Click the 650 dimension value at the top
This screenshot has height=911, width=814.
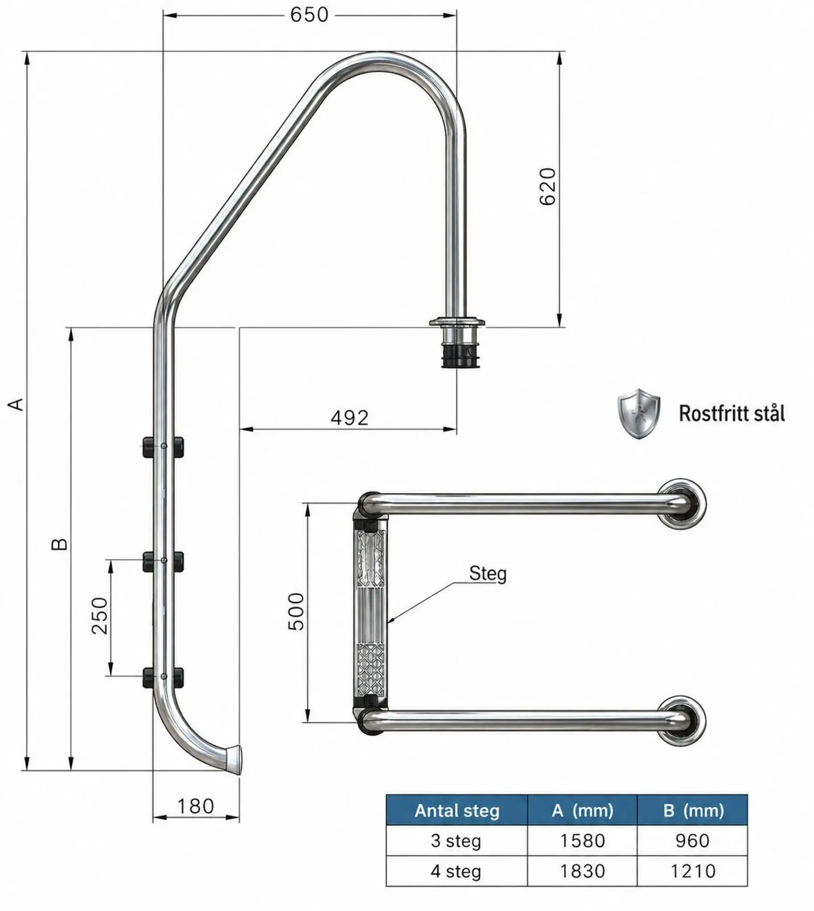click(309, 14)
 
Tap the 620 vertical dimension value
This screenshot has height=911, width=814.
click(547, 186)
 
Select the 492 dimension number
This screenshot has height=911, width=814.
click(350, 418)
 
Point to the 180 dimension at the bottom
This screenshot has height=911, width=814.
click(195, 806)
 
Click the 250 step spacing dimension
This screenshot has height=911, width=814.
click(100, 615)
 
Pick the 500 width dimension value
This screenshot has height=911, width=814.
click(296, 612)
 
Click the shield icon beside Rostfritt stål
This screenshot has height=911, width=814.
click(639, 413)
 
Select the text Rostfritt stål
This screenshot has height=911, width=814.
click(732, 413)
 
